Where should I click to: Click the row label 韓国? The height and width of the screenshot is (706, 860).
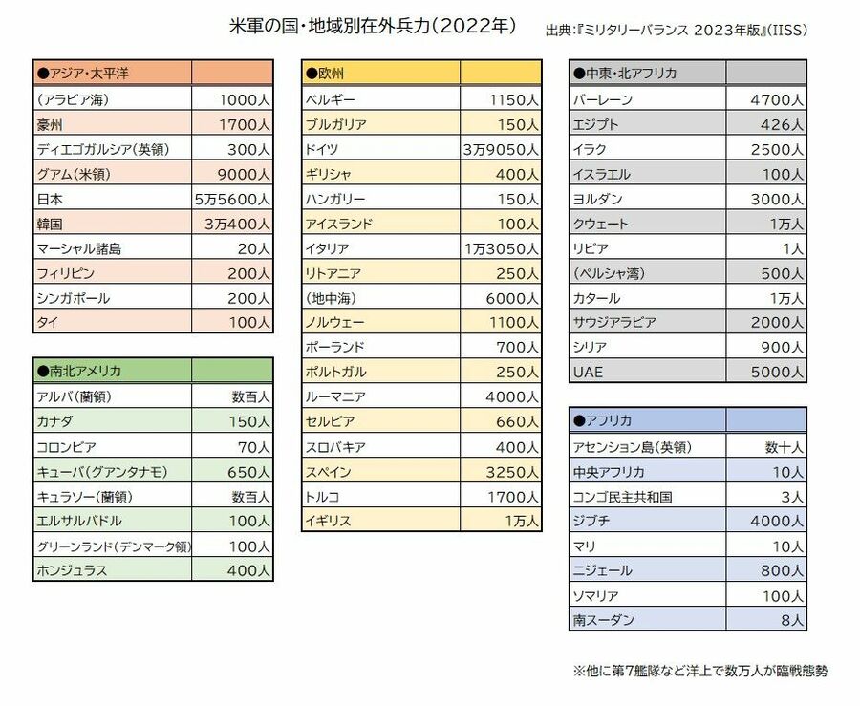(50, 224)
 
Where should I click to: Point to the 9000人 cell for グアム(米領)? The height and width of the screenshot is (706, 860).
(244, 174)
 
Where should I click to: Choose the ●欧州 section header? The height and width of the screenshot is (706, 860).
(325, 74)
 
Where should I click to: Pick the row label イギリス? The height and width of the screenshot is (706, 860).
(329, 521)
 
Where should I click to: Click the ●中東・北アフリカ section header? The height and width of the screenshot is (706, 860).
(627, 74)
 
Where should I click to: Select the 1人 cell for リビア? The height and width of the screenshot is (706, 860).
(793, 248)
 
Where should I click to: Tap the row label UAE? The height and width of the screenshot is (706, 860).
(588, 372)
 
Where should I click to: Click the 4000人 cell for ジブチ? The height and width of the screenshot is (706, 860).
(777, 521)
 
